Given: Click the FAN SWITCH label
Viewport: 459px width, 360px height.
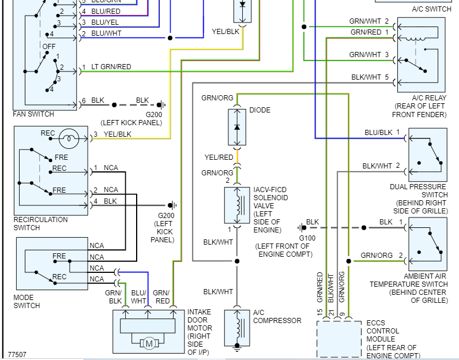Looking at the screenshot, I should pos(33,114).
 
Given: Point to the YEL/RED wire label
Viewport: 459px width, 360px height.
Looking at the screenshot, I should pos(219,157).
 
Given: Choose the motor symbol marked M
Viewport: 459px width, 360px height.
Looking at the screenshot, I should pos(149,344).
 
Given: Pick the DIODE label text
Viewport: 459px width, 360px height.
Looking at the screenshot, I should pos(259,110).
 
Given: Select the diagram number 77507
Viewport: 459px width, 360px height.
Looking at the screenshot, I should pos(17,355).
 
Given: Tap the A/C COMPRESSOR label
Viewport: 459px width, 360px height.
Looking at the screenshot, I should pos(277,317).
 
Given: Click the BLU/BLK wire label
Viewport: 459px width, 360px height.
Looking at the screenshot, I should pos(378,132).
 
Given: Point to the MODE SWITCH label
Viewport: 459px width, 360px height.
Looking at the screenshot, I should pos(27,302).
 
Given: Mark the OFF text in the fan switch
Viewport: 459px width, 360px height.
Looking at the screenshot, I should pos(49,46).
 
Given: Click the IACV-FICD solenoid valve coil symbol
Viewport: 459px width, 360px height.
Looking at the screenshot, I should pos(236,205).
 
